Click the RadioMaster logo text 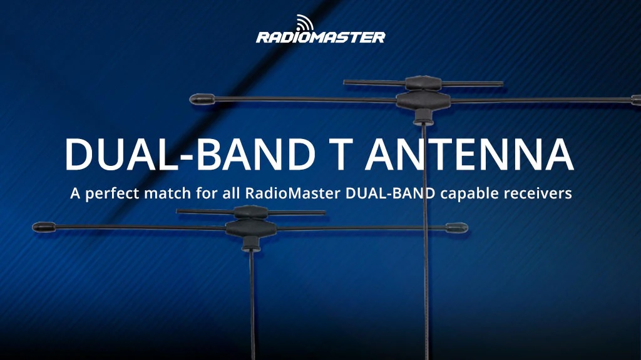[x=320, y=37]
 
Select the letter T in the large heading [x=339, y=153]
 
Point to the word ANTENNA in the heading [x=469, y=153]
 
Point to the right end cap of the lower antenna [x=458, y=227]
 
